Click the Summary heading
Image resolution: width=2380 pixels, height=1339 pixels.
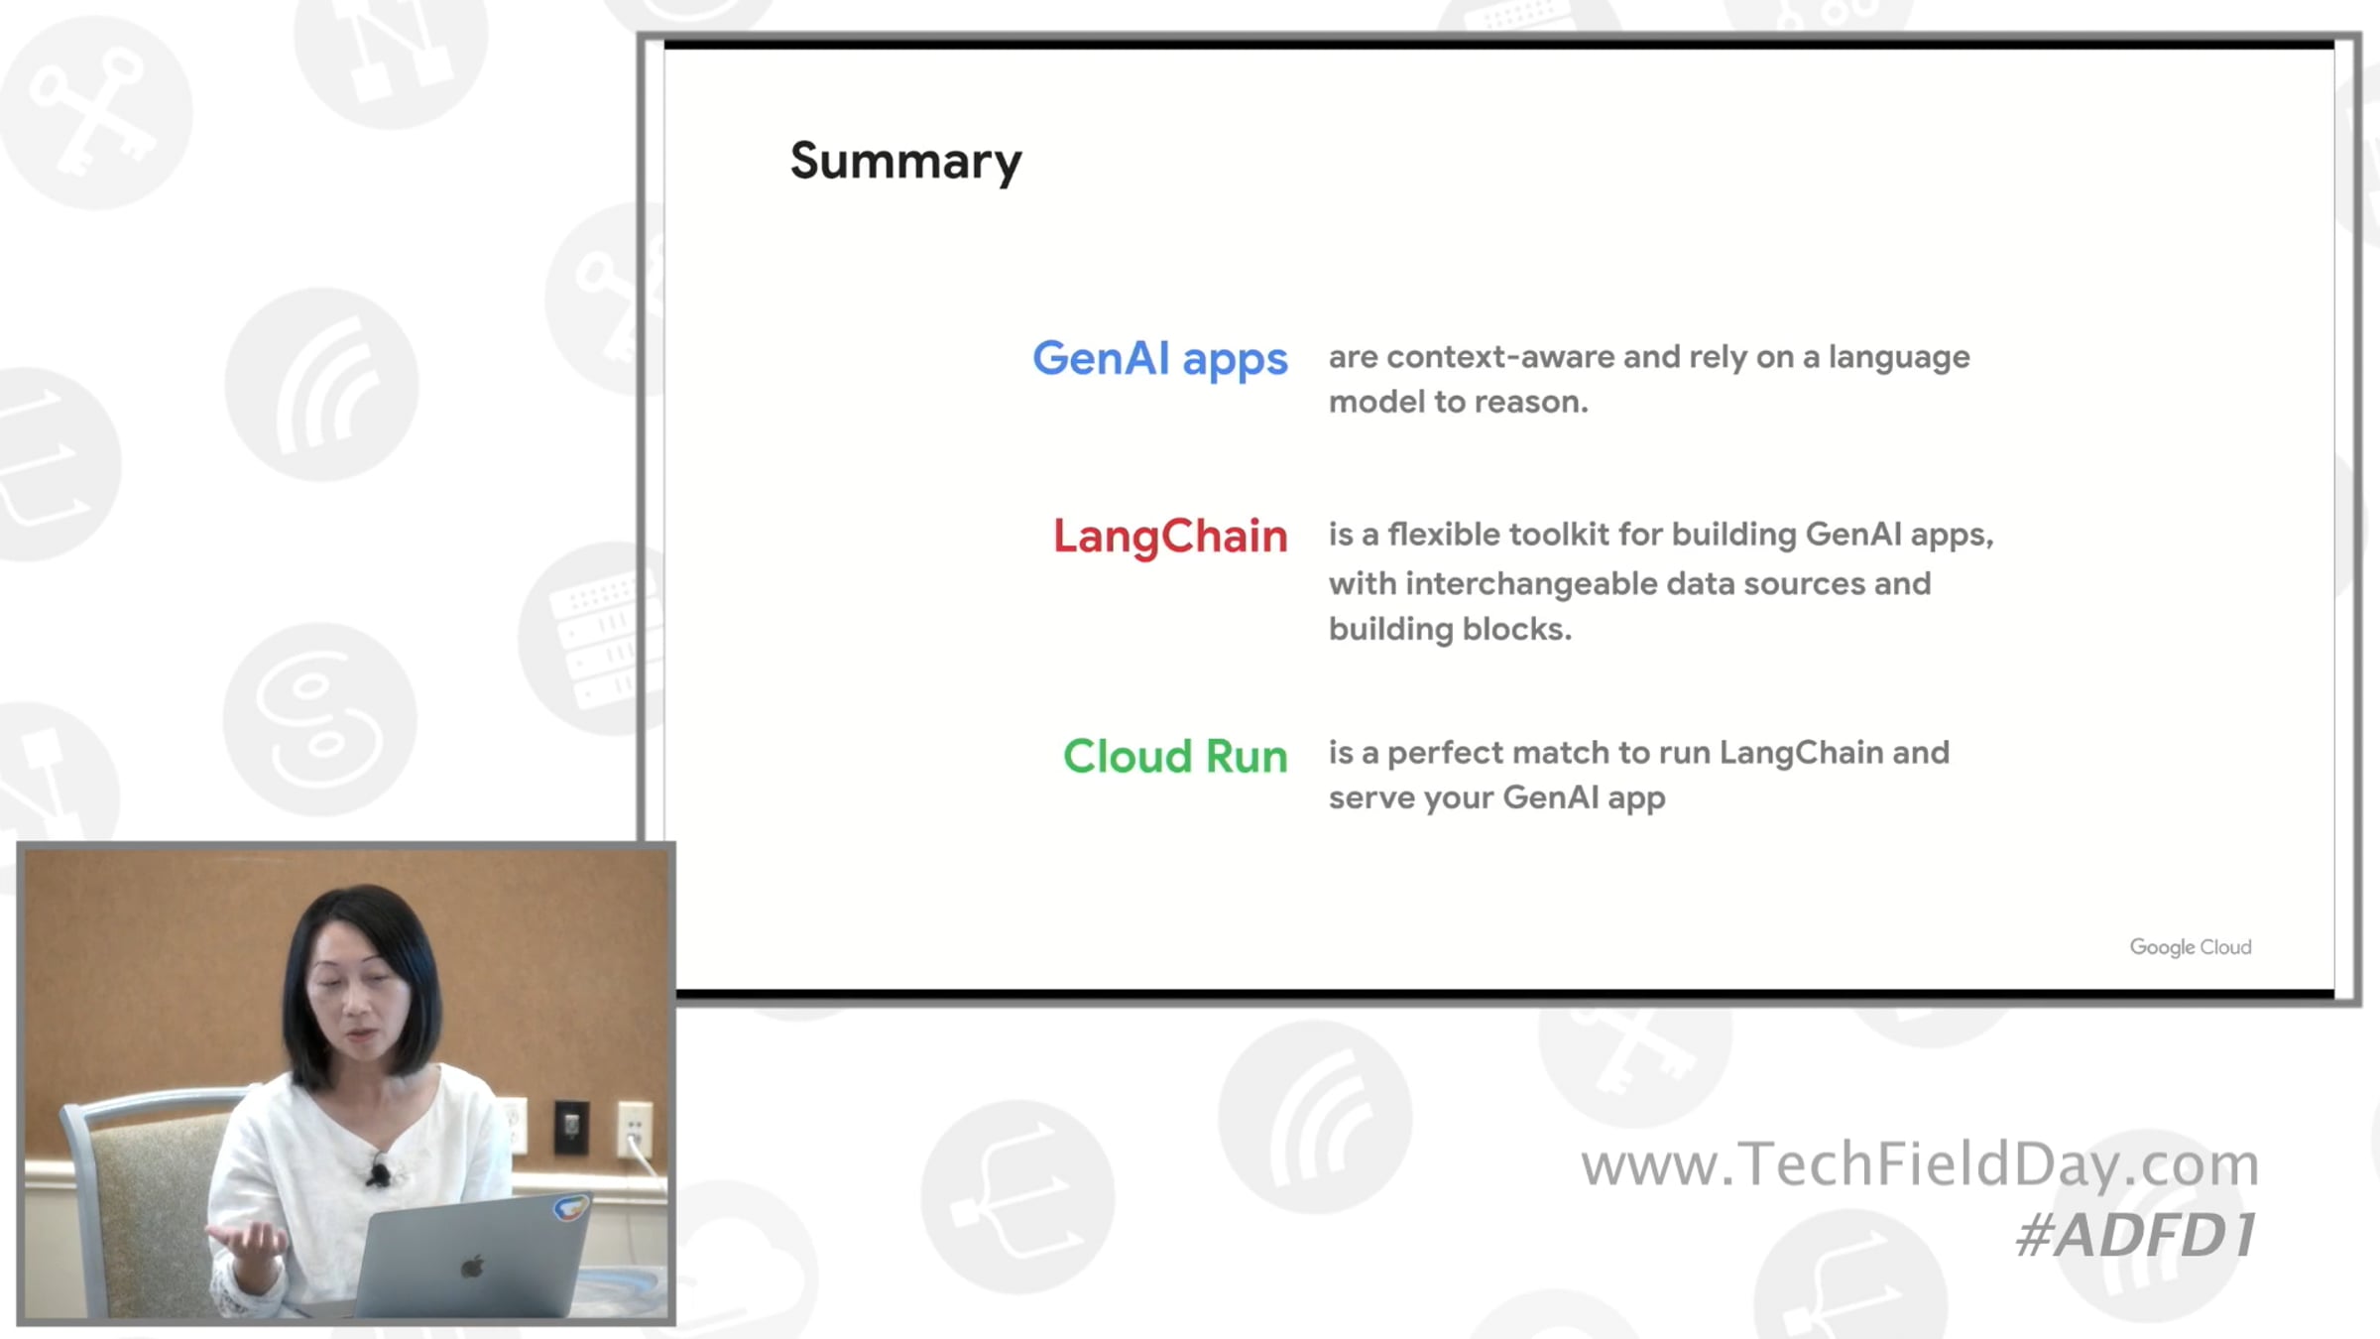[905, 162]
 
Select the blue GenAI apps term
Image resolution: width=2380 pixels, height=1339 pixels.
[1160, 359]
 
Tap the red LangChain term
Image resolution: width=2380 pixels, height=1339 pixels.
[1170, 537]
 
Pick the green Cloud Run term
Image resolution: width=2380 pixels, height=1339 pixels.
[1175, 756]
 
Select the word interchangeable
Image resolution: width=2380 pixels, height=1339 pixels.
[1531, 584]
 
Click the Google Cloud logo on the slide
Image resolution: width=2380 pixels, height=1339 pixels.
[2191, 947]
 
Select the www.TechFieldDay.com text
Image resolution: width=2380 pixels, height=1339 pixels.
[1920, 1163]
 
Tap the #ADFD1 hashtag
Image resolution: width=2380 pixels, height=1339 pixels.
[2136, 1236]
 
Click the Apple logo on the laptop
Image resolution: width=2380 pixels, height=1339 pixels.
[473, 1267]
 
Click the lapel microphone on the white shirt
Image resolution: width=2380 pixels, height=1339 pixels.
[378, 1173]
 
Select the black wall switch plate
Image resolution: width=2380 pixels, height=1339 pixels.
[571, 1127]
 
